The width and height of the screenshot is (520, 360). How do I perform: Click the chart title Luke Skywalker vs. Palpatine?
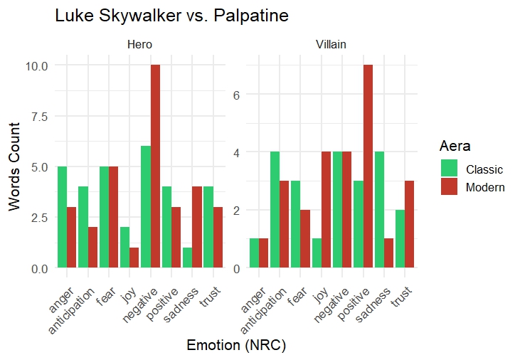171,16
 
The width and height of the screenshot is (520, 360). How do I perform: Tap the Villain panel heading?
331,45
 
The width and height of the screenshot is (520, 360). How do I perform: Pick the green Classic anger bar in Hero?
62,217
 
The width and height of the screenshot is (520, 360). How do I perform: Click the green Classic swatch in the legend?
450,169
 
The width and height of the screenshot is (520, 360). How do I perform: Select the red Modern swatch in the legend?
450,187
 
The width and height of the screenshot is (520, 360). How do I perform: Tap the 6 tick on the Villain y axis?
240,95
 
